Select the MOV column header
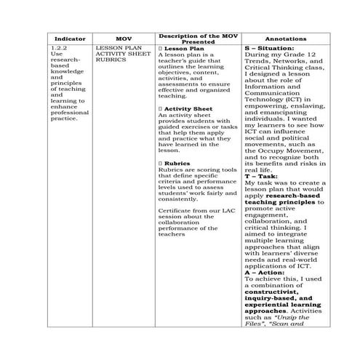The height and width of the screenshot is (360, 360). (x=123, y=38)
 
